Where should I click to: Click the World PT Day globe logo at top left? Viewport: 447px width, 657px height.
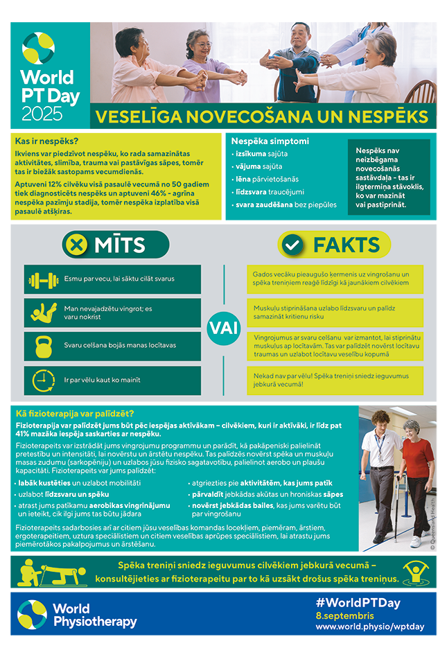pos(38,48)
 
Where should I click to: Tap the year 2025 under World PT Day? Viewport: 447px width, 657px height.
pos(42,113)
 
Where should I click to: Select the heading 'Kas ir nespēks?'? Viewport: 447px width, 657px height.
pos(46,141)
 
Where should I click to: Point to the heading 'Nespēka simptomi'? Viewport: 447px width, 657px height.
pos(270,141)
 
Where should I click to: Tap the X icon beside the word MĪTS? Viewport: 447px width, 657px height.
pos(77,245)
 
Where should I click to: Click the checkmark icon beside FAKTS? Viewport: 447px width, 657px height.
pos(294,245)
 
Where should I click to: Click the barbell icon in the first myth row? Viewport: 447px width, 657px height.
pos(44,280)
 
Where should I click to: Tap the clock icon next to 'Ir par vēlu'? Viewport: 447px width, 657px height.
pos(44,380)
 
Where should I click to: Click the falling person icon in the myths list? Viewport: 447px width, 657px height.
pos(44,313)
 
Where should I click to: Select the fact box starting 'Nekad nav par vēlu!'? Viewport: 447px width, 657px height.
pos(335,380)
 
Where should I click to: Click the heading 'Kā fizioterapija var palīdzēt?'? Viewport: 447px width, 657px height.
pos(74,414)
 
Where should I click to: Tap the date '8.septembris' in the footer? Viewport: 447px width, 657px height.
pos(344,615)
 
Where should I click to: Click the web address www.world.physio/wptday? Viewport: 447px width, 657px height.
pos(369,627)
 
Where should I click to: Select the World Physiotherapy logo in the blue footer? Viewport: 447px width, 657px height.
pos(77,615)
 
